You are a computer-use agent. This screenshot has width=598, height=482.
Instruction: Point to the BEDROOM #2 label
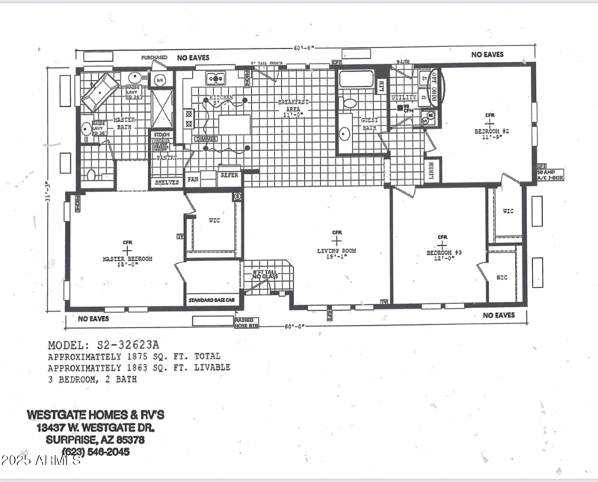(491, 132)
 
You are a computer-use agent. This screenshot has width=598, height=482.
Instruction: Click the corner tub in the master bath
(99, 92)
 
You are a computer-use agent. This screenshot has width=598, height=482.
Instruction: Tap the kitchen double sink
(216, 77)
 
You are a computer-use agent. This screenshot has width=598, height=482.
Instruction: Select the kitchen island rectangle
(234, 124)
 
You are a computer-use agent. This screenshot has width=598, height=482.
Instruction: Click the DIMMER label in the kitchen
(205, 140)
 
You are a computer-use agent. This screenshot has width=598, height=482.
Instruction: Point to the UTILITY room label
(404, 97)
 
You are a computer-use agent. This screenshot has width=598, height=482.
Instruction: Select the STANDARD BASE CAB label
(212, 300)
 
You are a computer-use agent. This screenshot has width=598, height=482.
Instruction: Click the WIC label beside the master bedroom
(212, 219)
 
